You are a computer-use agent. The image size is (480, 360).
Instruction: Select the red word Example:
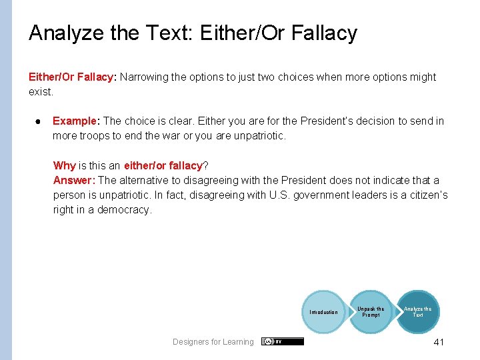[75, 121]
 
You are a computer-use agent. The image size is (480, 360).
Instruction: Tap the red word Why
[65, 165]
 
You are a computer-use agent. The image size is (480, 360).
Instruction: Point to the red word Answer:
[75, 181]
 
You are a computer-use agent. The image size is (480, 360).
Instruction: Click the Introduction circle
[323, 312]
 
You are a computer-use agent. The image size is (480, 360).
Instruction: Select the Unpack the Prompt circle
[371, 312]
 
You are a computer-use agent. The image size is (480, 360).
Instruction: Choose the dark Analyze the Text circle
[418, 311]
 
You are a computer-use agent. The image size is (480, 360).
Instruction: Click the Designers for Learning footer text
[213, 342]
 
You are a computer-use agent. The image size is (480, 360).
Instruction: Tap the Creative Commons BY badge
[282, 341]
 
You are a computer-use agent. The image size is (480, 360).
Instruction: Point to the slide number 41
[438, 342]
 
